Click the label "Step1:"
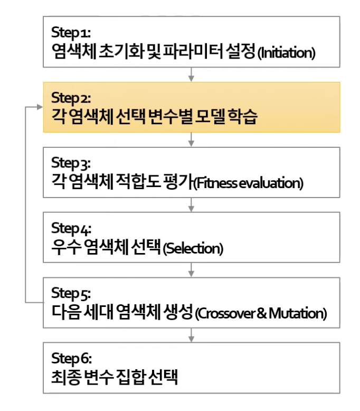tap(71, 31)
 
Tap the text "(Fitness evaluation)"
tap(249, 184)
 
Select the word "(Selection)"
tap(193, 249)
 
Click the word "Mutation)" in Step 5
tap(298, 314)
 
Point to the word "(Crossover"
tap(223, 314)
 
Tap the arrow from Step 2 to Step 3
tap(191, 140)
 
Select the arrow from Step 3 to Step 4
tap(191, 205)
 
